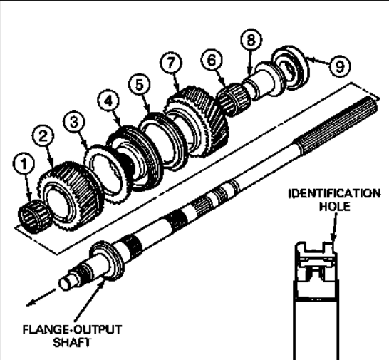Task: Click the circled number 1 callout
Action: pos(24,164)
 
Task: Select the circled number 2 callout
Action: pos(43,136)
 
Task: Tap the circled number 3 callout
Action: pos(74,122)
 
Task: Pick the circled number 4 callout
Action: pos(108,101)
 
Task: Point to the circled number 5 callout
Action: pos(140,84)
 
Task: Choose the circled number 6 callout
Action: pos(212,61)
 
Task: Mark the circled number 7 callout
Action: pos(171,63)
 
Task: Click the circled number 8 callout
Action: pos(251,40)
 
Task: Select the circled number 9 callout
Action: pos(340,66)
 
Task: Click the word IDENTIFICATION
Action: pos(334,194)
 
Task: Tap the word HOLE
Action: pos(334,207)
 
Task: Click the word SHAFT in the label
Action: pos(72,343)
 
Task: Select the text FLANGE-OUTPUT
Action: pos(72,330)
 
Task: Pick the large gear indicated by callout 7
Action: pos(196,122)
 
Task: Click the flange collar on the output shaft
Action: pos(107,261)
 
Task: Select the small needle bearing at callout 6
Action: pos(233,99)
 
